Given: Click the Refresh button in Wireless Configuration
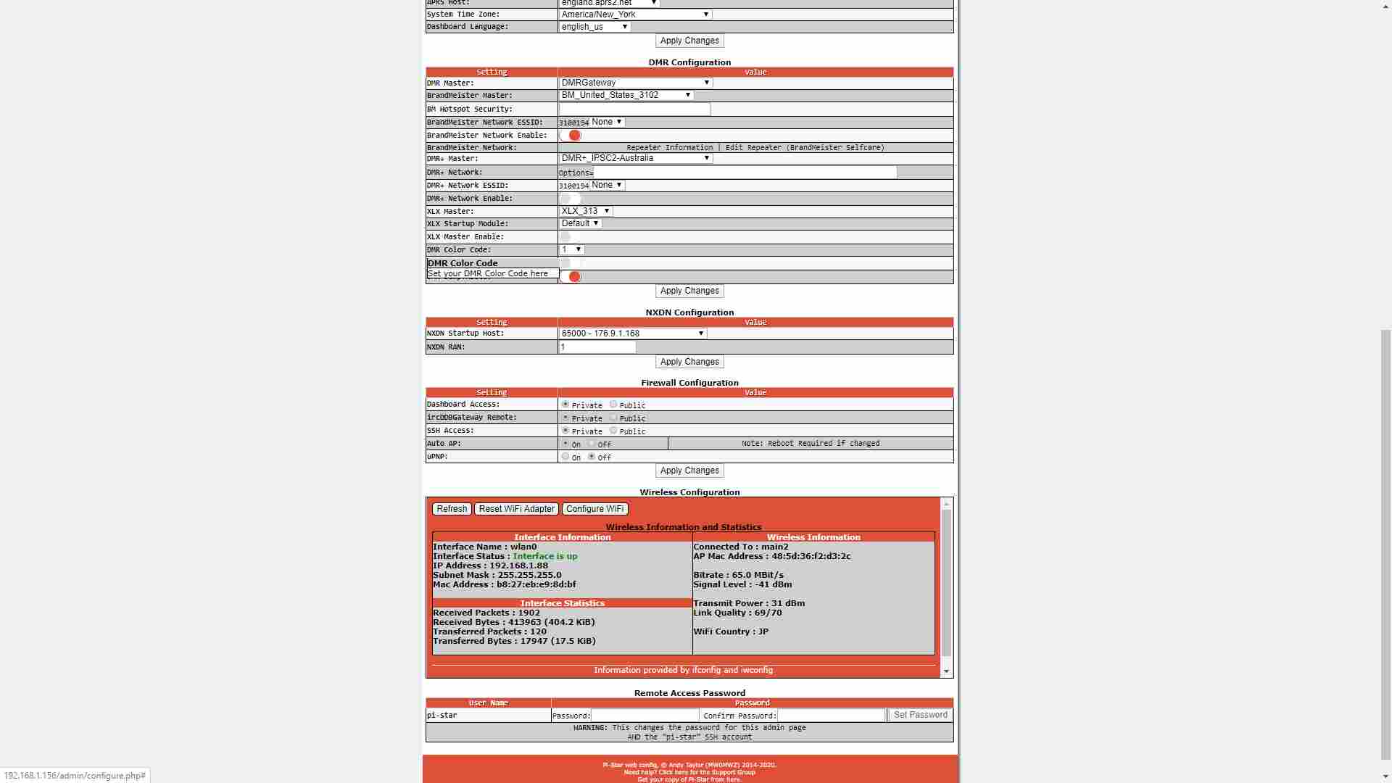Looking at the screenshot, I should tap(452, 509).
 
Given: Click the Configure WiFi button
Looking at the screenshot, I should tap(594, 509).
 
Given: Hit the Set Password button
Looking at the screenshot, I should tap(920, 715).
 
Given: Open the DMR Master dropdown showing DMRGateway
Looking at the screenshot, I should tap(635, 83).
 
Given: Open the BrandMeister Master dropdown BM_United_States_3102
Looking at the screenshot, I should tap(626, 95).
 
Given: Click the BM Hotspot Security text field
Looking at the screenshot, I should tap(634, 109).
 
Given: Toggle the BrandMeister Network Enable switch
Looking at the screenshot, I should tap(571, 136).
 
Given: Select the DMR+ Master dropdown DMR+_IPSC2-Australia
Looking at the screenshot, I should tap(635, 158).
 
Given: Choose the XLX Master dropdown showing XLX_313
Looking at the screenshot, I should tap(585, 211).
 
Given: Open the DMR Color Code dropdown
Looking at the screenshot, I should tap(571, 249).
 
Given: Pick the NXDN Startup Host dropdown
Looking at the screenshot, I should tap(632, 333).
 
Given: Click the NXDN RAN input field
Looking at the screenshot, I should tap(597, 347).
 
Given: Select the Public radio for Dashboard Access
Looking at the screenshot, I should tap(613, 405).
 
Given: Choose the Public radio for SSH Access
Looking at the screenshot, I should tap(613, 431).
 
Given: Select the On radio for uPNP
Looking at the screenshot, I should tap(565, 457).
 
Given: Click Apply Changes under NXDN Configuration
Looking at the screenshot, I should tap(689, 362).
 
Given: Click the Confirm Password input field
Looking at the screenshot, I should tap(831, 716).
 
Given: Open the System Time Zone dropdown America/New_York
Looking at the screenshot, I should tap(635, 14).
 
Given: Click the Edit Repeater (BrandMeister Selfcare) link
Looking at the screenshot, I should tap(805, 148).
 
